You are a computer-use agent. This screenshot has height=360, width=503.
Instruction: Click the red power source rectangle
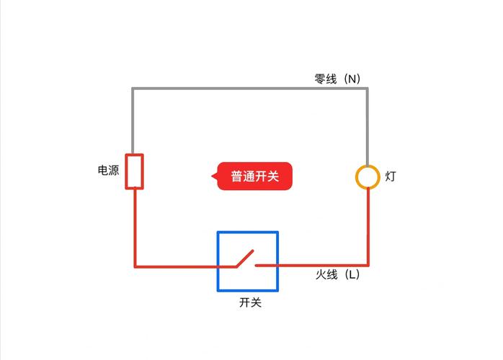click(x=134, y=171)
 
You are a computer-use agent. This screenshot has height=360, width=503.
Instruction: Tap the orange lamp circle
click(x=368, y=176)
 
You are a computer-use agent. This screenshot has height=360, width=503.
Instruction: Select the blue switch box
click(x=248, y=261)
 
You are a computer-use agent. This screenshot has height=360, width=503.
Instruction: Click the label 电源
click(x=108, y=170)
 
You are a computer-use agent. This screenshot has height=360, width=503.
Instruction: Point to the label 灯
click(x=391, y=176)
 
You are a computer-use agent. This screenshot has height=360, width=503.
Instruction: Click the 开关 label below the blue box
click(x=250, y=302)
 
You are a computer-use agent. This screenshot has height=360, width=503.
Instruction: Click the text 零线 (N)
click(x=337, y=79)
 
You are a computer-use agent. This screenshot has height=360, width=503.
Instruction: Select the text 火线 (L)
click(x=337, y=274)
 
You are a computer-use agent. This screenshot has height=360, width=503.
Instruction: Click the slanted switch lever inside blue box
click(x=245, y=258)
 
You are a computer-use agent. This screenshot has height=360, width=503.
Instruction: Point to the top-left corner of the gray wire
click(x=133, y=89)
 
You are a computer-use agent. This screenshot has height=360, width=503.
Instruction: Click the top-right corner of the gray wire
click(x=368, y=89)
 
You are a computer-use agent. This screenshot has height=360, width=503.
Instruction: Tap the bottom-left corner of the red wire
click(x=135, y=266)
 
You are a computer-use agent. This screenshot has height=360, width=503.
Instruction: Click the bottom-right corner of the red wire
click(x=368, y=266)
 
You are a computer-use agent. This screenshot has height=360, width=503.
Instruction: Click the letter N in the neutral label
click(x=352, y=79)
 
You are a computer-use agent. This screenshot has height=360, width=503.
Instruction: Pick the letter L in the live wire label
click(x=352, y=274)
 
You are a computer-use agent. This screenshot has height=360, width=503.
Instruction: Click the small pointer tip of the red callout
click(x=212, y=176)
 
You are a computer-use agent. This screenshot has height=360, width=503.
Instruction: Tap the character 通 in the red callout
click(x=249, y=176)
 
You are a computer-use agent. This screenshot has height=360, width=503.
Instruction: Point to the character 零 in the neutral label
click(x=320, y=79)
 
